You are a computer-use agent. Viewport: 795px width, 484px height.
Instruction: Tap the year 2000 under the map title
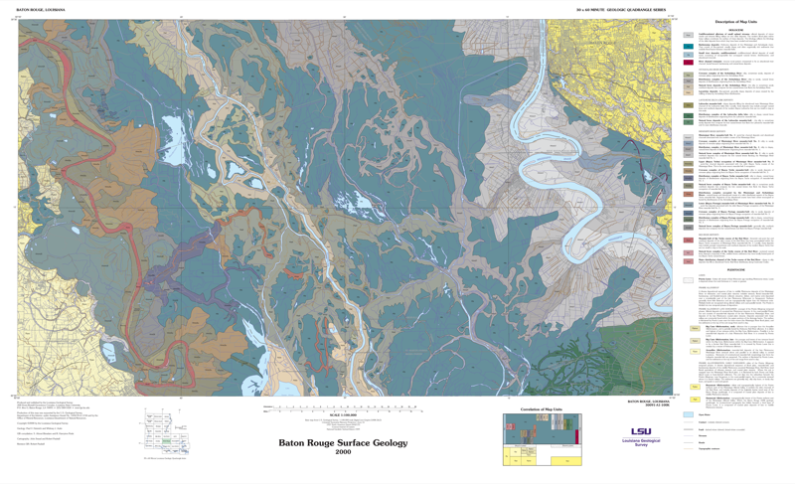343,453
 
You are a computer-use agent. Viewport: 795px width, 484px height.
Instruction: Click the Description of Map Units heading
737,21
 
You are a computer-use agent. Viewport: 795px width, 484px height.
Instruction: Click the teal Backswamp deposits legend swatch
689,46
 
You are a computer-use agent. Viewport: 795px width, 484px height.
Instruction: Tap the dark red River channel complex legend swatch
689,62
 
